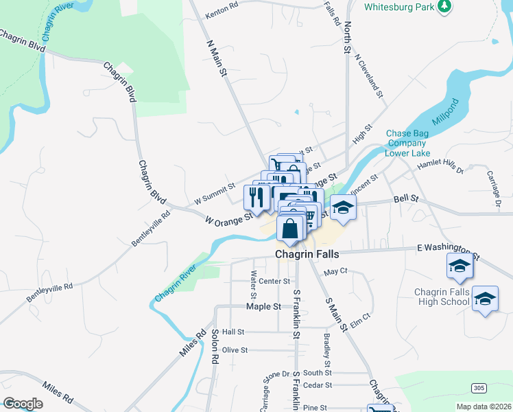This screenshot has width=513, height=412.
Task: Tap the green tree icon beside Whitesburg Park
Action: tap(445, 6)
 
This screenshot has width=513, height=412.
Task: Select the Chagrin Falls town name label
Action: tap(307, 254)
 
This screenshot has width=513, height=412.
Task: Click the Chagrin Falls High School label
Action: tap(441, 297)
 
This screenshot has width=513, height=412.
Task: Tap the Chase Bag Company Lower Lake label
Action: tap(410, 143)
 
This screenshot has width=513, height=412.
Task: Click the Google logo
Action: tap(23, 404)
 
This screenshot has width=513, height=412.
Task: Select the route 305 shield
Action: tap(479, 389)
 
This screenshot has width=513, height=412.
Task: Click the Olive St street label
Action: tap(235, 350)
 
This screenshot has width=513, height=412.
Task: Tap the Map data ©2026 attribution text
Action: tap(484, 407)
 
